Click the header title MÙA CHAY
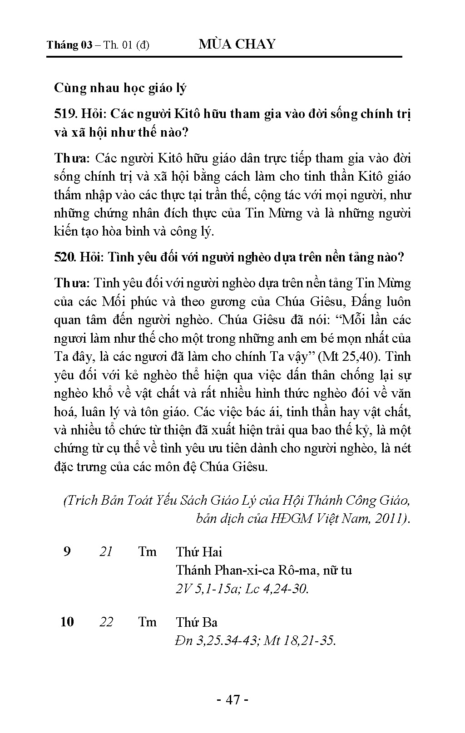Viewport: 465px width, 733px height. pyautogui.click(x=237, y=44)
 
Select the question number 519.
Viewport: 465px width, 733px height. pyautogui.click(x=64, y=113)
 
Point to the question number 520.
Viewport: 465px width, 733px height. pyautogui.click(x=64, y=257)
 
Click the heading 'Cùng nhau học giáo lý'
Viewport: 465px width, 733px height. pyautogui.click(x=120, y=88)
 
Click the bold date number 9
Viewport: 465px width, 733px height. pyautogui.click(x=67, y=551)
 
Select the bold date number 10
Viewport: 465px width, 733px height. pyautogui.click(x=67, y=621)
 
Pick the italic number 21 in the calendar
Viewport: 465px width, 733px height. pyautogui.click(x=106, y=551)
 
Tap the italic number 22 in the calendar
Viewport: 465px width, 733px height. pyautogui.click(x=106, y=621)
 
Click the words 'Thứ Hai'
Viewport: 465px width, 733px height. pyautogui.click(x=199, y=552)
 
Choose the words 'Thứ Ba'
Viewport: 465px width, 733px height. pyautogui.click(x=197, y=622)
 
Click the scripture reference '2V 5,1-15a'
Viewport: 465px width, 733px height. pyautogui.click(x=208, y=589)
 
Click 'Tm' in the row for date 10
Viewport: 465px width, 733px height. pyautogui.click(x=147, y=621)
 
